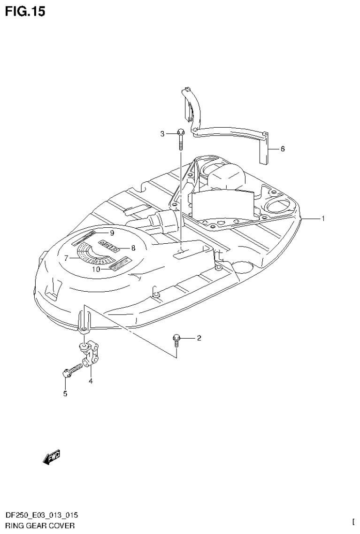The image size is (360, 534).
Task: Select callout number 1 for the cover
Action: pyautogui.click(x=323, y=218)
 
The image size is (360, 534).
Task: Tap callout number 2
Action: pyautogui.click(x=199, y=338)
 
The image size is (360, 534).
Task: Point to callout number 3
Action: pyautogui.click(x=162, y=134)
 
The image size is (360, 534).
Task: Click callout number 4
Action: pyautogui.click(x=91, y=381)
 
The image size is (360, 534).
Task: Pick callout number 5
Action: pyautogui.click(x=65, y=394)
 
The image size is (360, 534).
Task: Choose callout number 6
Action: pyautogui.click(x=283, y=149)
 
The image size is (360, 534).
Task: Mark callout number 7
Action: pyautogui.click(x=67, y=257)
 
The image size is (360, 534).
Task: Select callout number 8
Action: pyautogui.click(x=133, y=248)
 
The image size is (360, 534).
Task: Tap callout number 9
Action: pyautogui.click(x=112, y=233)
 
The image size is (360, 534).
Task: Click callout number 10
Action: pyautogui.click(x=96, y=269)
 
